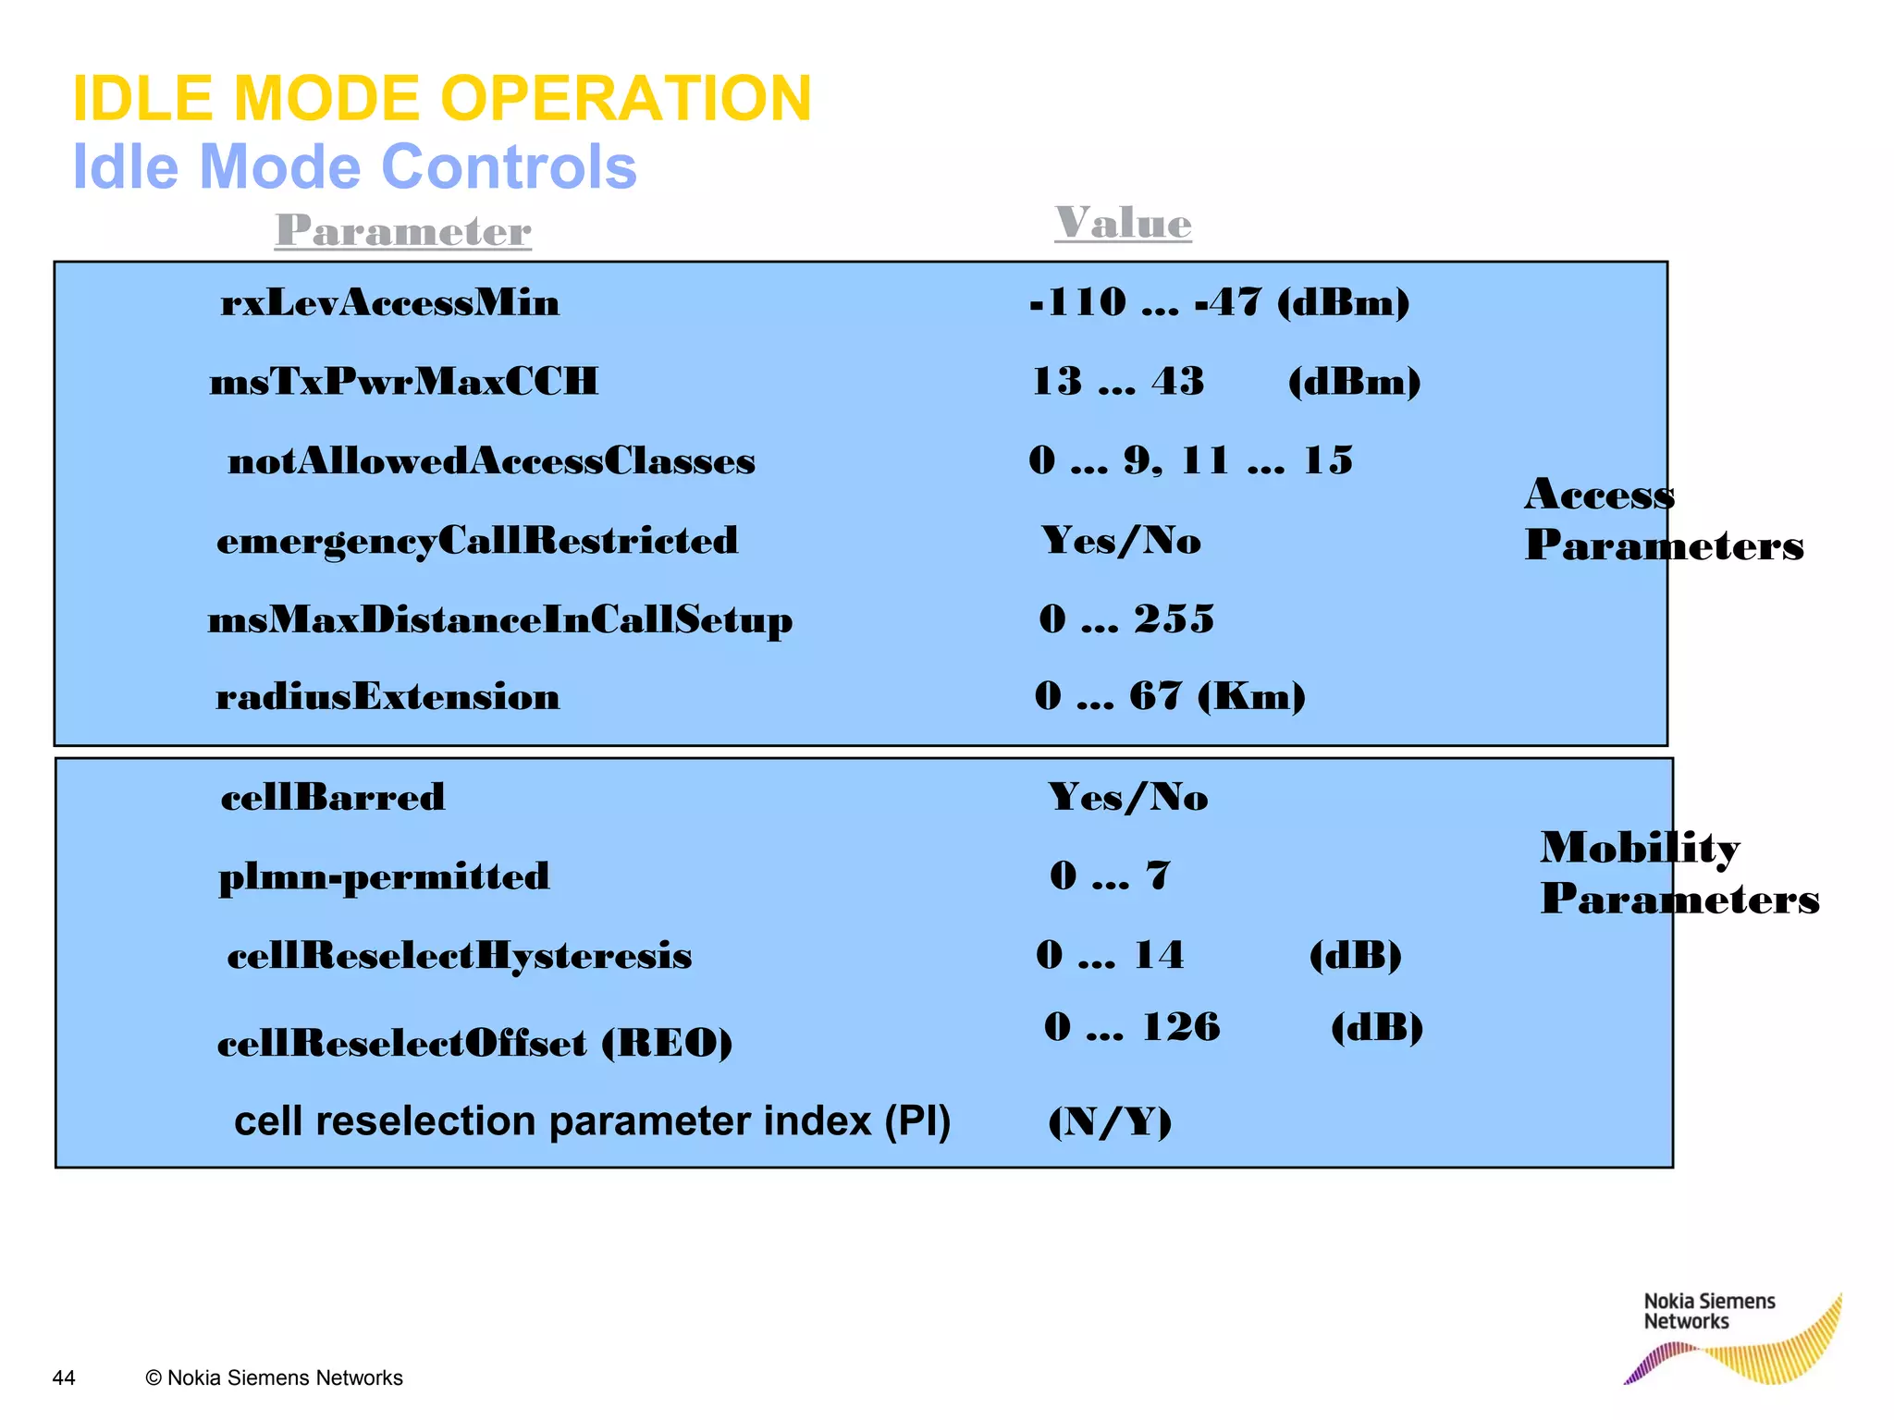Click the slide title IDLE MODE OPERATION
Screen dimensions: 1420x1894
(441, 99)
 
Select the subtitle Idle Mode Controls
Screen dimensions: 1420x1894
(354, 167)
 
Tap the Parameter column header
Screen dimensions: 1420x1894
(403, 231)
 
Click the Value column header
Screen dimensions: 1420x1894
(1123, 224)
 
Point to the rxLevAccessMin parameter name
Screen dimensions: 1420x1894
(389, 303)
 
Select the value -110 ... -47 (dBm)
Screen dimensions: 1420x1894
(1219, 302)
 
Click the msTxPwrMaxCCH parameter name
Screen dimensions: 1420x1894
(404, 382)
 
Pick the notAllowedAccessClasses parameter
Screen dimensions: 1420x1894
(491, 461)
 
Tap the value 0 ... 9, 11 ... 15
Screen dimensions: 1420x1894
(1190, 460)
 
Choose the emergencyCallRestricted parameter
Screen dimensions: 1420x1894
(477, 541)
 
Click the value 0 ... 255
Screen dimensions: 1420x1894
(1126, 618)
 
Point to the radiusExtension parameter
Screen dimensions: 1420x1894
(387, 697)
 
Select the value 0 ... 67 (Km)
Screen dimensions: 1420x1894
(1170, 696)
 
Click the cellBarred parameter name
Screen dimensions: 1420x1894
(333, 797)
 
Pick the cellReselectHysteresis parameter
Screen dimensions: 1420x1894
(459, 956)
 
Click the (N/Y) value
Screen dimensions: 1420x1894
(1110, 1122)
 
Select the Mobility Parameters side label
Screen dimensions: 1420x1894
(1679, 874)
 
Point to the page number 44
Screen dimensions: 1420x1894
(64, 1377)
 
